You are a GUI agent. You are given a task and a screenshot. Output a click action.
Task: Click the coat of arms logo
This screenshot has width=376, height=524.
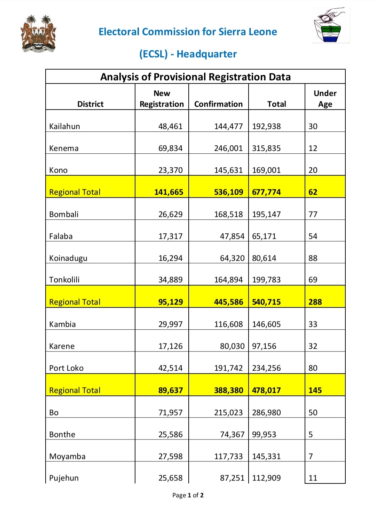tap(39, 34)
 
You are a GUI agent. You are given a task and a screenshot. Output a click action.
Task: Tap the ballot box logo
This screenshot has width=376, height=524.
tap(331, 26)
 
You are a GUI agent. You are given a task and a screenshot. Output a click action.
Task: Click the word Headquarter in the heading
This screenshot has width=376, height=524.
tap(206, 54)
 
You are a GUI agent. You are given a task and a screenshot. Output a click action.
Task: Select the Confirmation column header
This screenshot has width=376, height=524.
tap(218, 104)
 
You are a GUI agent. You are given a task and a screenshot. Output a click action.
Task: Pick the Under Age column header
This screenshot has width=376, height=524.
tap(325, 99)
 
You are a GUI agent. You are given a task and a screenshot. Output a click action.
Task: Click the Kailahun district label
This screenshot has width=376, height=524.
tap(65, 126)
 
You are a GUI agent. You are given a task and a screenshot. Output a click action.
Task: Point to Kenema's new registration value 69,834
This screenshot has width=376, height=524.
tap(170, 148)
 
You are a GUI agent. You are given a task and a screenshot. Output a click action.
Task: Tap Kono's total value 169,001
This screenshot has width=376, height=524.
tap(266, 170)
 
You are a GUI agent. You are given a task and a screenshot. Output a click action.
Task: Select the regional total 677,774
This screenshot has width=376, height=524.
tap(266, 192)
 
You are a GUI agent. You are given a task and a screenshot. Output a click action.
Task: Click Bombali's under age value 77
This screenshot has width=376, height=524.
tap(313, 214)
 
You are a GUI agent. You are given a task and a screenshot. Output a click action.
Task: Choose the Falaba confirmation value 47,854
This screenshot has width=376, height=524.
tap(232, 236)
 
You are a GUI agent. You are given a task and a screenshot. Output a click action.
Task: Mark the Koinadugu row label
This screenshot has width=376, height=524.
tap(68, 258)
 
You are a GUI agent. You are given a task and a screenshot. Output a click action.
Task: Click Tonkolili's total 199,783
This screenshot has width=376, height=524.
tap(266, 280)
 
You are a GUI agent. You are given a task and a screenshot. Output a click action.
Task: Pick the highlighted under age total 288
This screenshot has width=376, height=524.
tap(315, 302)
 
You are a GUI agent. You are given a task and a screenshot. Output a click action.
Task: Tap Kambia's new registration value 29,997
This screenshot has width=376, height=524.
tap(170, 324)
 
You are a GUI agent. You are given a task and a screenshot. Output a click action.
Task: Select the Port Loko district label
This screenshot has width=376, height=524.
tap(66, 368)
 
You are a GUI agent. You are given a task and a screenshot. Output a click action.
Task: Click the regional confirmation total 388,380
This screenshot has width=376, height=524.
tap(228, 390)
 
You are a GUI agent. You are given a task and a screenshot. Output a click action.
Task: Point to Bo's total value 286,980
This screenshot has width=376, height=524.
tap(266, 413)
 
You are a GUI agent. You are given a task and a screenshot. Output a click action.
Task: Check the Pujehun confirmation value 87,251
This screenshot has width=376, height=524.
tap(232, 478)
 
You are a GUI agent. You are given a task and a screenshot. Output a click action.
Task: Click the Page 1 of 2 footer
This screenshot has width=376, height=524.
tap(188, 495)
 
